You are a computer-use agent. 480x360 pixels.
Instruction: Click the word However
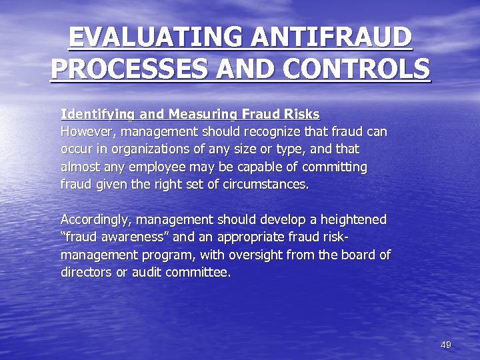[x=85, y=131]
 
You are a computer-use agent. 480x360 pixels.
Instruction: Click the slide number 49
[x=446, y=345]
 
